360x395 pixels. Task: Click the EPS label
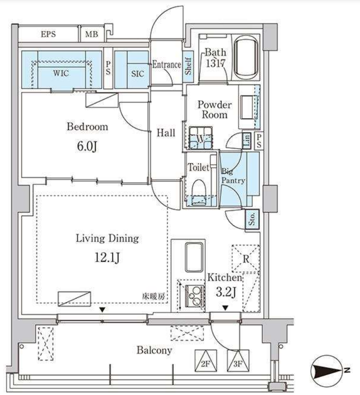click(49, 34)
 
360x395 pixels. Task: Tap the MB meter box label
click(91, 34)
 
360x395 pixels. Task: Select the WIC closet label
click(61, 73)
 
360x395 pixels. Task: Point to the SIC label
click(138, 74)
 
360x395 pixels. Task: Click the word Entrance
click(166, 65)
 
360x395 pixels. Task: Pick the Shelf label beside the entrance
click(188, 66)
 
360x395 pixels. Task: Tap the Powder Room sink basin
click(248, 107)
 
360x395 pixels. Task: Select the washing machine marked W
click(200, 138)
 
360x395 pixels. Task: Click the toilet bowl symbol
click(199, 192)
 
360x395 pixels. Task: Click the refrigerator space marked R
click(246, 259)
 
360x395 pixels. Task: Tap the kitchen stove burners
click(195, 296)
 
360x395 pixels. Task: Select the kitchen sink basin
click(194, 257)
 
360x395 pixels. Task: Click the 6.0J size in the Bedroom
click(87, 147)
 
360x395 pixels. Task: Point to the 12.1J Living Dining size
click(107, 257)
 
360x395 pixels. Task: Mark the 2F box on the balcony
click(206, 361)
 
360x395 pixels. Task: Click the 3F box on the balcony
click(238, 361)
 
